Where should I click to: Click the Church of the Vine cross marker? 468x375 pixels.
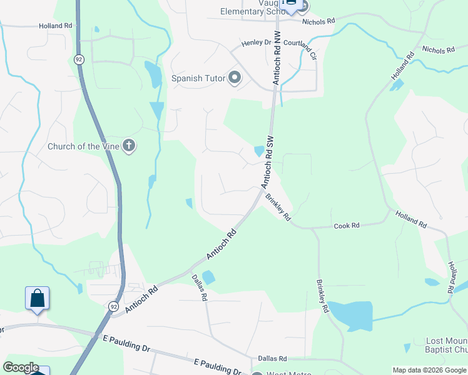click(129, 146)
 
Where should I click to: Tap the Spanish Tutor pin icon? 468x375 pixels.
click(235, 78)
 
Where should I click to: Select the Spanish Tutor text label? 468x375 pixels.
click(196, 79)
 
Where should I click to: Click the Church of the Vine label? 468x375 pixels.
click(83, 147)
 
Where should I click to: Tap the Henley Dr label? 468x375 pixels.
click(256, 44)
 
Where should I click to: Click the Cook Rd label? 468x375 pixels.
click(347, 226)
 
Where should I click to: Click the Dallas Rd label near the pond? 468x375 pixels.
click(199, 287)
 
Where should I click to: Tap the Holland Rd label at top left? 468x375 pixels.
click(56, 26)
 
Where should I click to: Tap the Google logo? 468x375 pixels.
click(21, 367)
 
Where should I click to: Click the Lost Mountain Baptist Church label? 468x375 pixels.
click(446, 345)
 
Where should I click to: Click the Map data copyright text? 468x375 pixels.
click(429, 370)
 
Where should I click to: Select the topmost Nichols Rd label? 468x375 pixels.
click(319, 21)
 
